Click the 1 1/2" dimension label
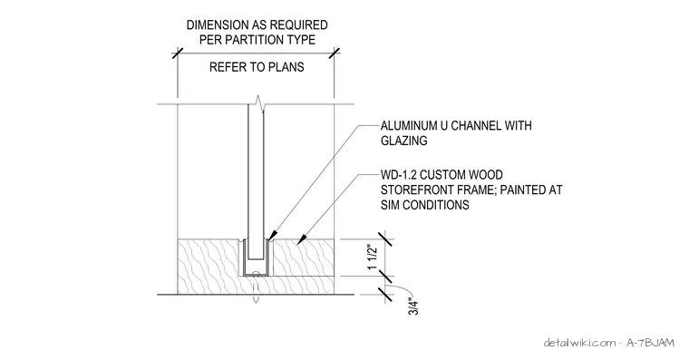point(373,258)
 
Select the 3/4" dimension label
point(413,306)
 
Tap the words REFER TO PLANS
point(257,67)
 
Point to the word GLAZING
point(403,141)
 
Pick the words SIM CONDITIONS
point(424,205)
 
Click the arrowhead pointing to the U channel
point(272,235)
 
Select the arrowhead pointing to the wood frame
point(302,239)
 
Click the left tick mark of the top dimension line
point(178,54)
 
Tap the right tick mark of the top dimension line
point(335,54)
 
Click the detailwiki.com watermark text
point(579,343)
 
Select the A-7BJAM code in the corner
point(650,343)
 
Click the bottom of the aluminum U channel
point(257,274)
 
